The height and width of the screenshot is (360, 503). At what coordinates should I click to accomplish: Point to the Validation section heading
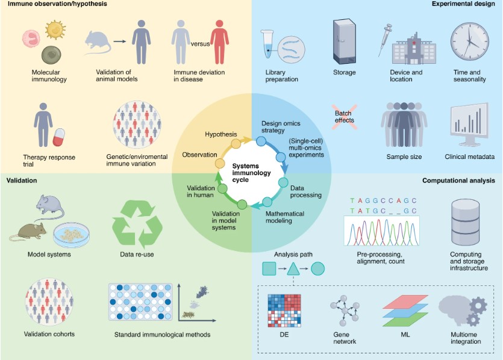click(22, 180)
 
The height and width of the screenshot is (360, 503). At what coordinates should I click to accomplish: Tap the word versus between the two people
click(199, 43)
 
